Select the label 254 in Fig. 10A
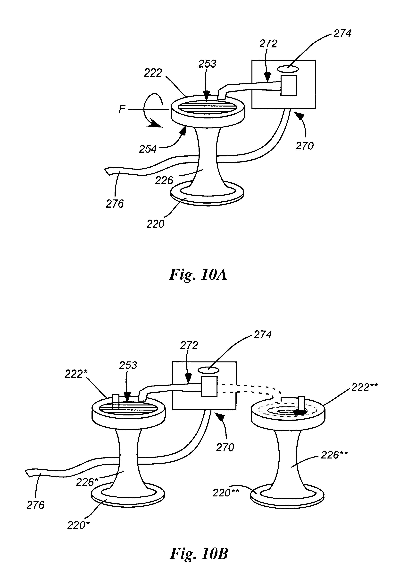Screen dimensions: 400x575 [x=148, y=149]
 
